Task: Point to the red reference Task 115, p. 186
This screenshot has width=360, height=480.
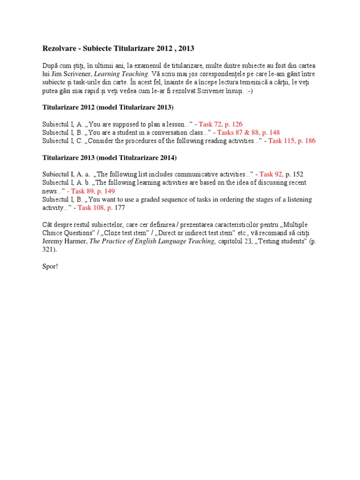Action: coord(292,141)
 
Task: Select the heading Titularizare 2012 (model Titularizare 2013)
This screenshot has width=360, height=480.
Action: coord(108,108)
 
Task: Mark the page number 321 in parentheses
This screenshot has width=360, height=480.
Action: coord(49,250)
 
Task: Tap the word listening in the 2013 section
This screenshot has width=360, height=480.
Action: coord(297,199)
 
